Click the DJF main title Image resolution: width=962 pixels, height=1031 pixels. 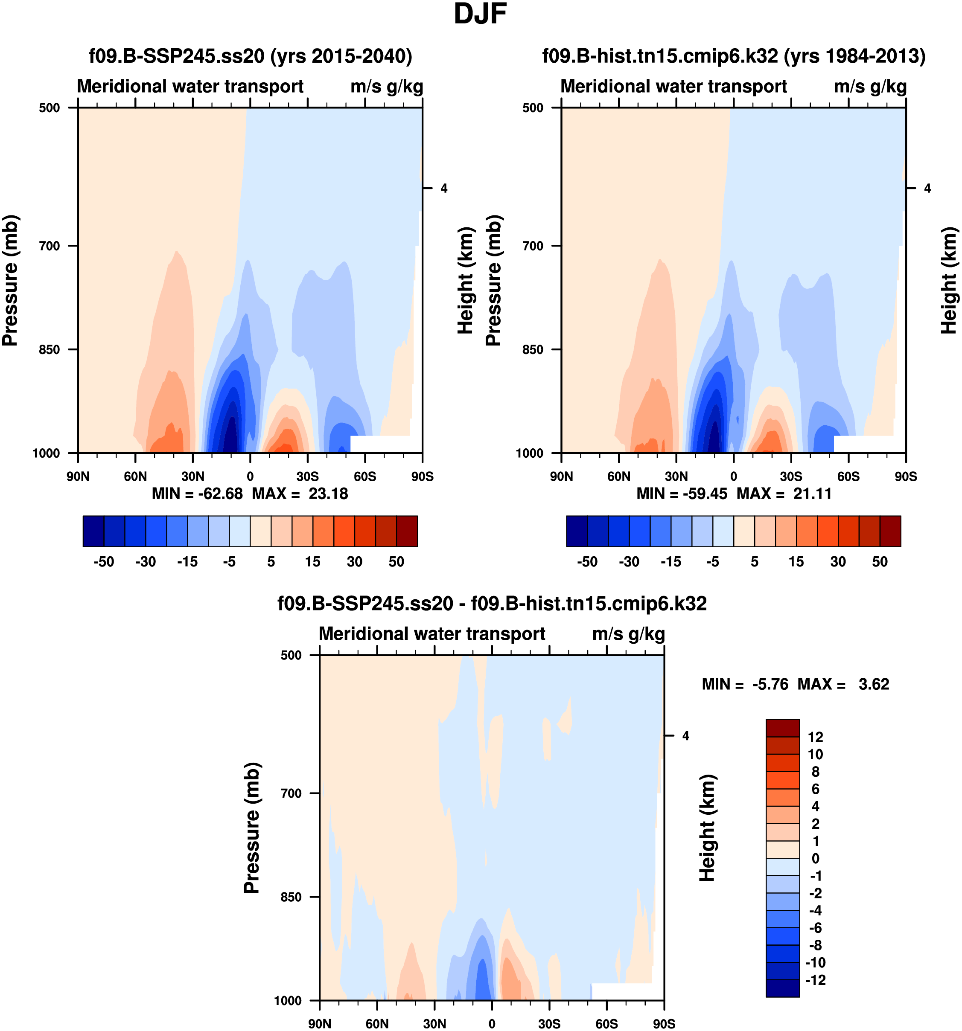480,14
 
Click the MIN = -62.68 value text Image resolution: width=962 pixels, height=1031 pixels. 197,493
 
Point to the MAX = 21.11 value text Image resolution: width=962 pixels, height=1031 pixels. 784,493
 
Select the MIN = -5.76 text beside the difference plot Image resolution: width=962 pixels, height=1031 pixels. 745,684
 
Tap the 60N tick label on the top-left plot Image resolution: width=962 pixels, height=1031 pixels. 135,476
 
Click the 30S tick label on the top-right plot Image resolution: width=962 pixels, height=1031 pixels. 791,476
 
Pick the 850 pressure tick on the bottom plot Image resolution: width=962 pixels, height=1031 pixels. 291,897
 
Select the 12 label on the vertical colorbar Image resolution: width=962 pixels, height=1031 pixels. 815,737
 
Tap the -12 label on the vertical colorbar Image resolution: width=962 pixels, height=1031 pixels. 815,980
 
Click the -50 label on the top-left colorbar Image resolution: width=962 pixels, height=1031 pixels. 104,562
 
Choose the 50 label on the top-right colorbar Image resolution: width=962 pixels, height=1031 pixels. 880,562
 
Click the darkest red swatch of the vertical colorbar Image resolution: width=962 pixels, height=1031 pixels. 782,728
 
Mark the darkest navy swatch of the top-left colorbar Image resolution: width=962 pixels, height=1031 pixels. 93,531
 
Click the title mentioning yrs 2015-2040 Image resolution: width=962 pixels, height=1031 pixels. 251,55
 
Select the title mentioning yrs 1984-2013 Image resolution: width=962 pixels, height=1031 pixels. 734,55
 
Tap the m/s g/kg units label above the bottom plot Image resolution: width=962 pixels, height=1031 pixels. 628,634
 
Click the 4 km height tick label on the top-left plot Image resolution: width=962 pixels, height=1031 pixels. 443,188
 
